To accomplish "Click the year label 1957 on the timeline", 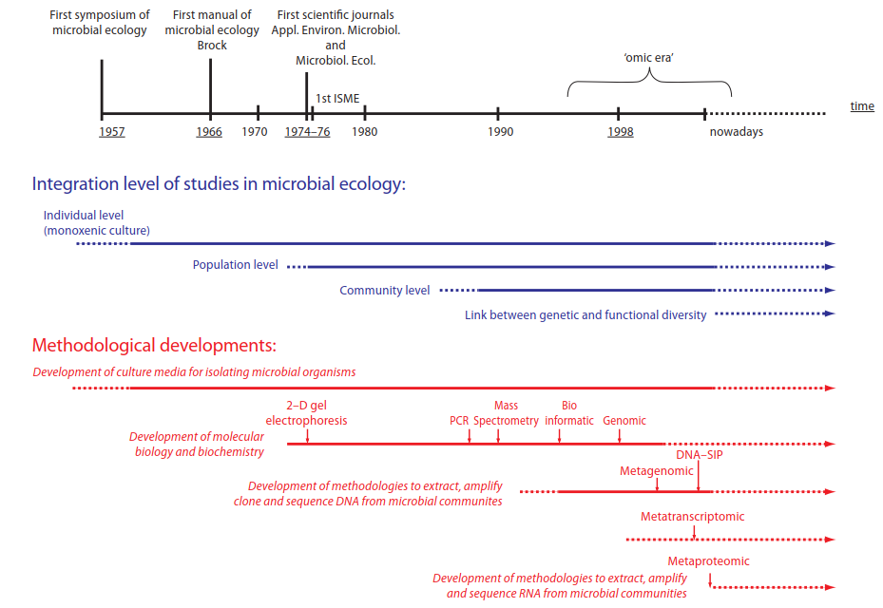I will (111, 132).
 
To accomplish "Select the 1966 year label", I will (209, 132).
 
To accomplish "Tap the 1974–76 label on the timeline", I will (307, 132).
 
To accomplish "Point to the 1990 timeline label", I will (500, 132).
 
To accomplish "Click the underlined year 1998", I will (621, 132).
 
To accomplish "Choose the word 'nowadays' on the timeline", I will (736, 132).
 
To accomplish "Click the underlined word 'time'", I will (862, 106).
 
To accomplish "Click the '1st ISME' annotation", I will (338, 98).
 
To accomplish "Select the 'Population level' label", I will (235, 265).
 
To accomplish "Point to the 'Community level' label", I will (385, 290).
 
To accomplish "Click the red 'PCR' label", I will (460, 421).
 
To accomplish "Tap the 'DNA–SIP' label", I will (700, 455).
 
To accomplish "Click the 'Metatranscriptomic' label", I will (693, 517).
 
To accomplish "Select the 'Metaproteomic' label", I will (709, 560).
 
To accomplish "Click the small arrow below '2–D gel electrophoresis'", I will (308, 435).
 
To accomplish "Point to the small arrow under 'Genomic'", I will (620, 435).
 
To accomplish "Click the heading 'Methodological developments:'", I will (154, 345).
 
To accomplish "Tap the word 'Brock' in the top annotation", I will (212, 45).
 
